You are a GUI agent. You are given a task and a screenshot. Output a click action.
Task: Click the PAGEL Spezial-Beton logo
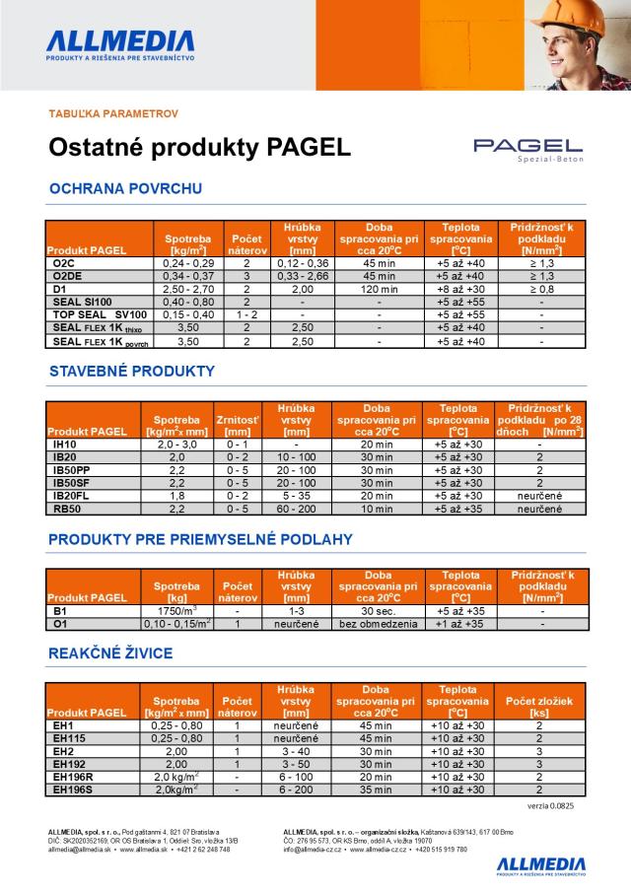pos(527,148)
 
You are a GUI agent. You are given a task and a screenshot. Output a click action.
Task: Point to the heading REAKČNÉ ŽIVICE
pos(110,652)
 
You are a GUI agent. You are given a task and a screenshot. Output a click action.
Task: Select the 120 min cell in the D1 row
pos(380,289)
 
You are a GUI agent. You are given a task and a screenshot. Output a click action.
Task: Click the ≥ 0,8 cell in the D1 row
pos(541,289)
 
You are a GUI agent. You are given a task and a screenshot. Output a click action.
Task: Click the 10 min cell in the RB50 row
pos(377,509)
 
